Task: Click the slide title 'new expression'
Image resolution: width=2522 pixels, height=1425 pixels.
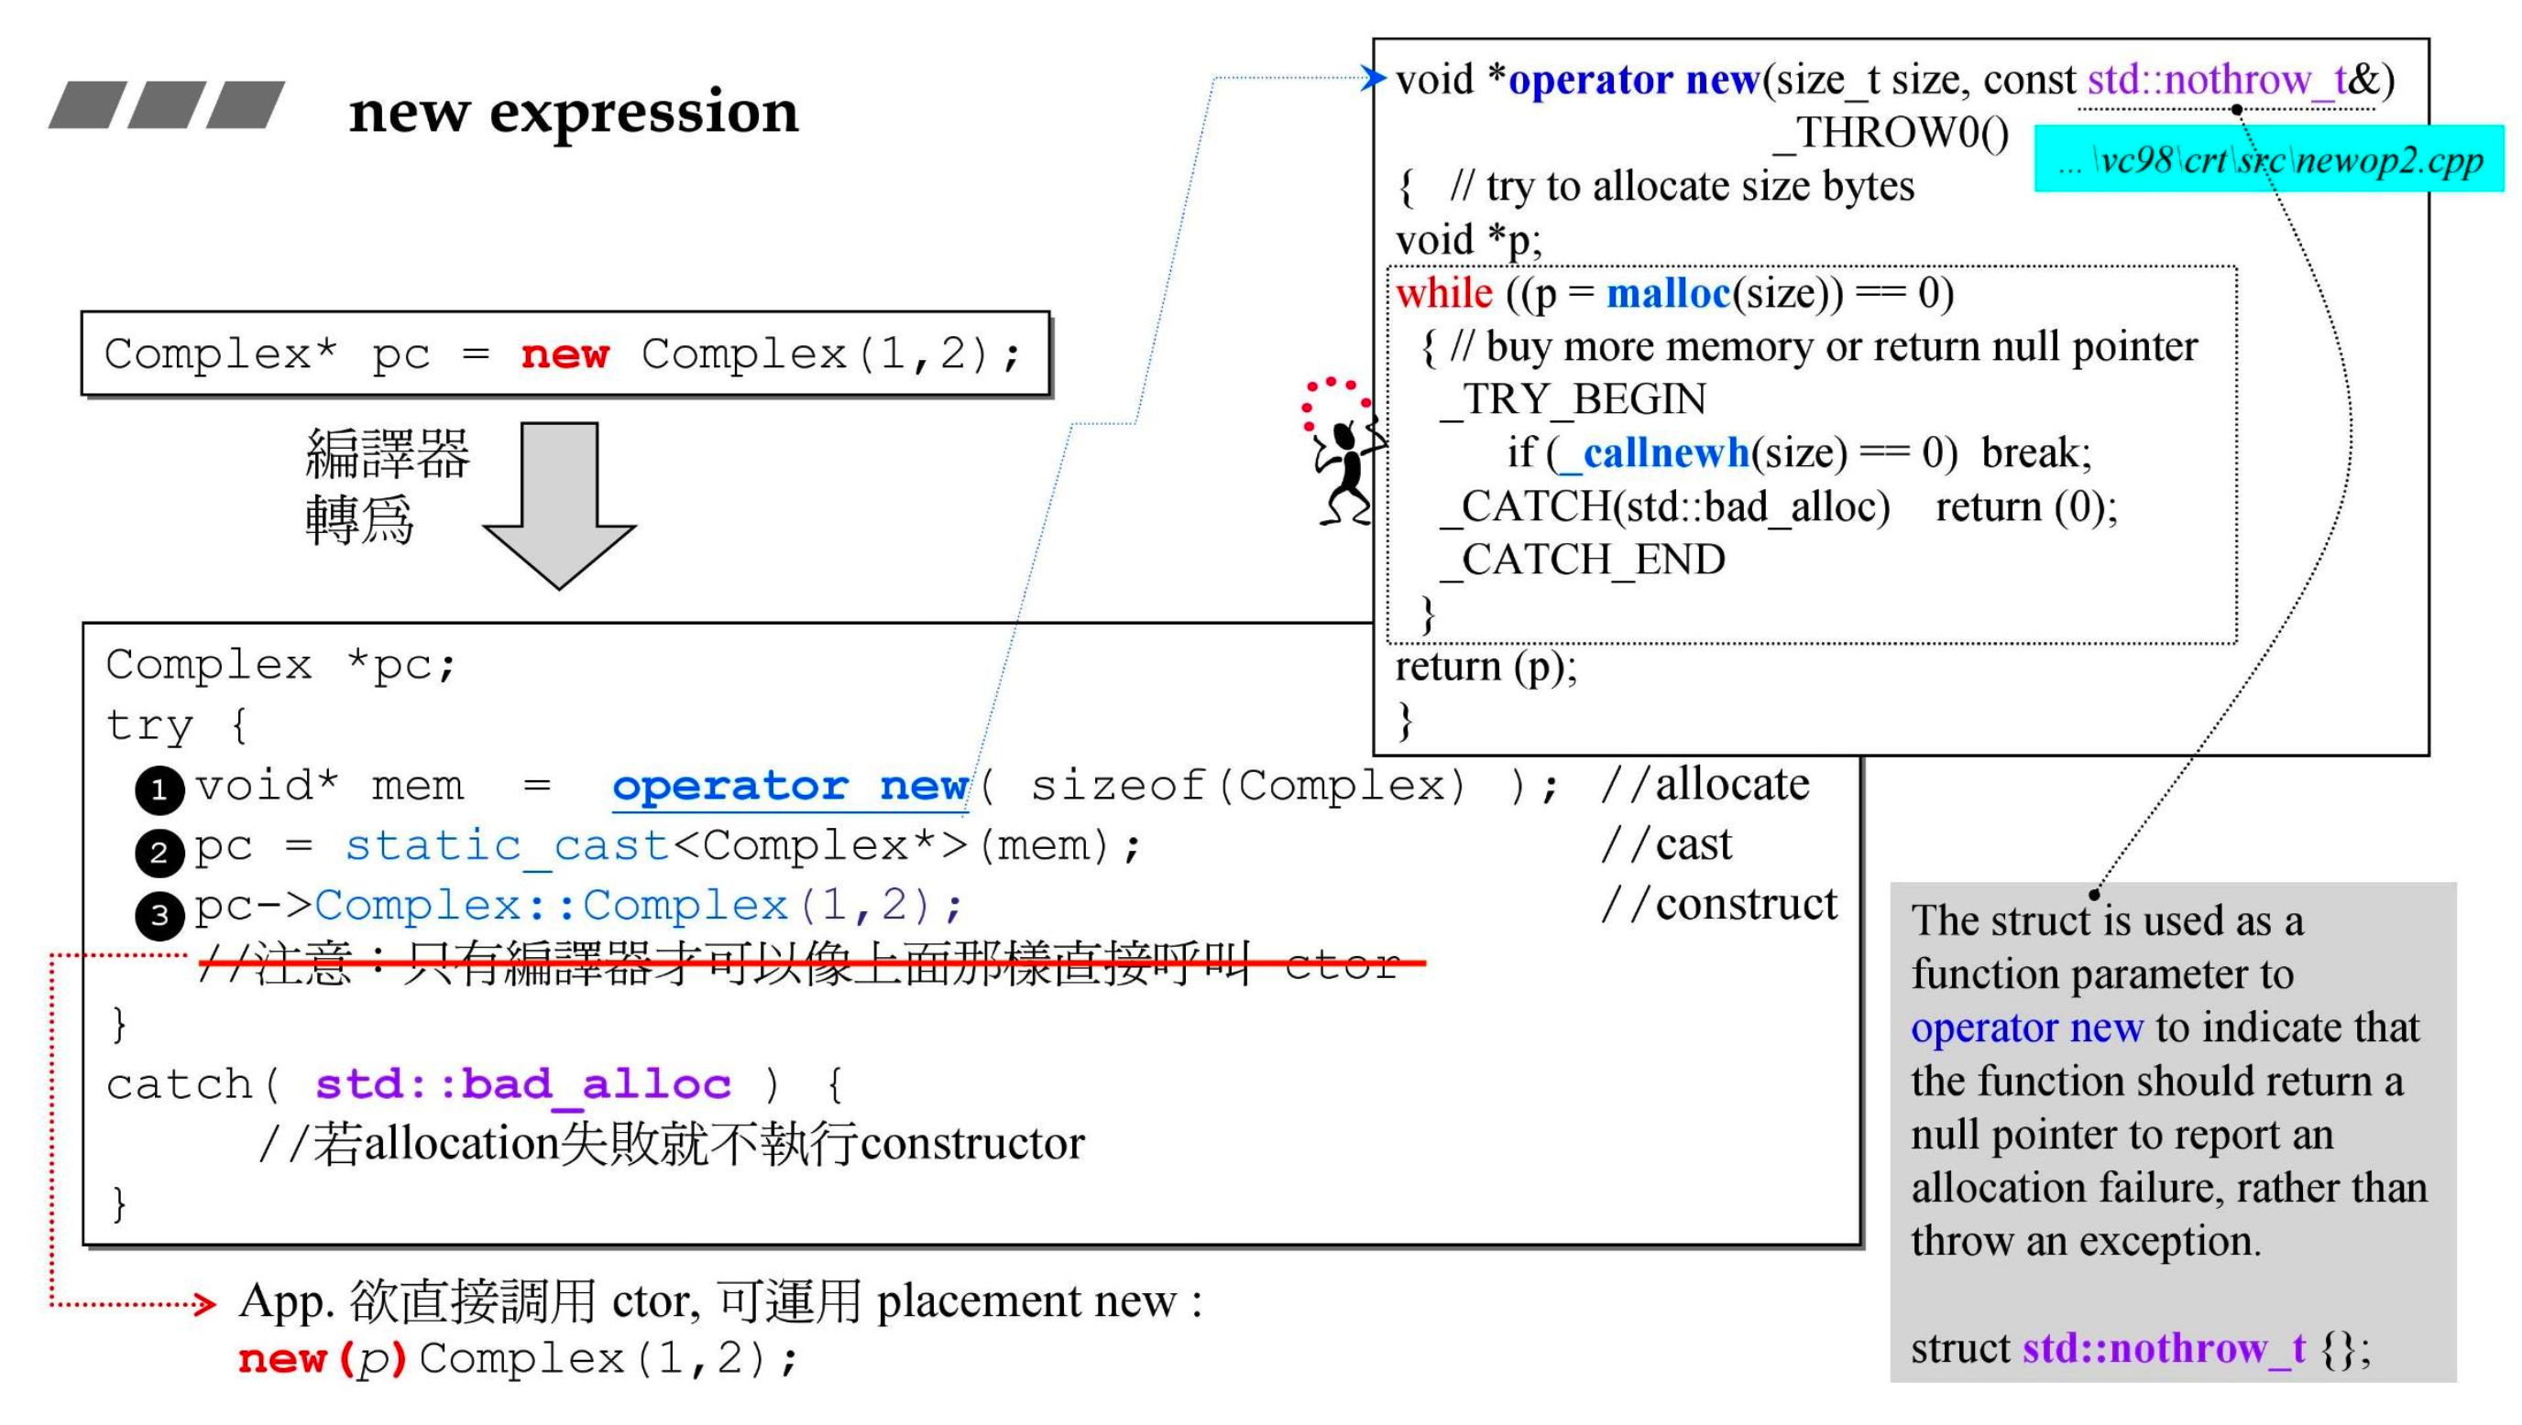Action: coord(574,112)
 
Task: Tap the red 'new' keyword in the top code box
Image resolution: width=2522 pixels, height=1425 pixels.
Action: coord(565,354)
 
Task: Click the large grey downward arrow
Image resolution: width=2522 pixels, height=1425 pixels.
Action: coord(559,504)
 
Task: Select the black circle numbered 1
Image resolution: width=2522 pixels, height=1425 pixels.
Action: coord(159,789)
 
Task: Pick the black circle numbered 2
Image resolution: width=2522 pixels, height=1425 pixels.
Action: coord(159,852)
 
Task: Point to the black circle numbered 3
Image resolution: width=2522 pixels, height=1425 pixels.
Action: coord(159,914)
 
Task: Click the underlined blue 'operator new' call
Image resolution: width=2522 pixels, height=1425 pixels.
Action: coord(789,787)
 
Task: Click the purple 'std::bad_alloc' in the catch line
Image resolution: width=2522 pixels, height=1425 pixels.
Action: coord(522,1084)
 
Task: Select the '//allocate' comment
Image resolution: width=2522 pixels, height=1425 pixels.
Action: coord(1705,785)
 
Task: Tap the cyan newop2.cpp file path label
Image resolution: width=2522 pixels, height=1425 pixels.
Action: coord(2268,159)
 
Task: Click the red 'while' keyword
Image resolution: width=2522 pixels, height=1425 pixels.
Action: coord(1444,294)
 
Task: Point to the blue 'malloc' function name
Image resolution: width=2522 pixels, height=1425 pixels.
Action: coord(1668,294)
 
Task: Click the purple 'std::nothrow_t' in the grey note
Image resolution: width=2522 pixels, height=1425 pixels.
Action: coord(2164,1349)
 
